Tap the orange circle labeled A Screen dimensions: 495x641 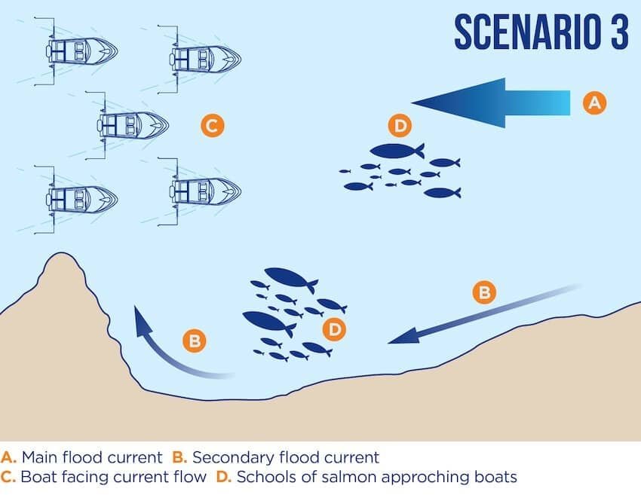point(594,102)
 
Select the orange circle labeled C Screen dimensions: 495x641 point(212,125)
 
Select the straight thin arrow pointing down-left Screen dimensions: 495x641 point(483,315)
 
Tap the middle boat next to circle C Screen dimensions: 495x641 point(131,124)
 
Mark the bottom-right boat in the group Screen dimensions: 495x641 point(204,191)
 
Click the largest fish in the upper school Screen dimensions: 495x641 point(397,151)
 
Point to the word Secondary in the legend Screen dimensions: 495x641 point(224,457)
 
